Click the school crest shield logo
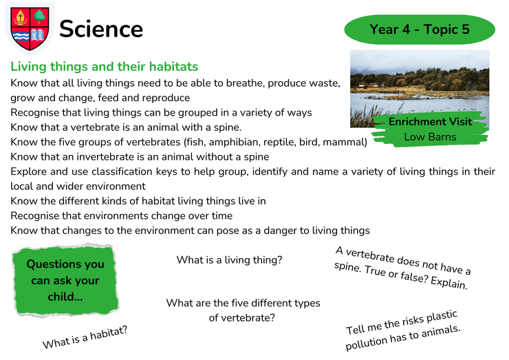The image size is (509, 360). [x=30, y=29]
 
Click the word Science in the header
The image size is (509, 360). [x=101, y=29]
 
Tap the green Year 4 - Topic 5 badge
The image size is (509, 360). [x=420, y=30]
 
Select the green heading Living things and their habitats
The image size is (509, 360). [x=104, y=67]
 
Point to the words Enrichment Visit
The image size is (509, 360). [x=430, y=122]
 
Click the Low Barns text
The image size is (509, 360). [x=430, y=137]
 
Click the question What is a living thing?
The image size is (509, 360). [x=229, y=260]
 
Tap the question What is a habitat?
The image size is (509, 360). [x=85, y=337]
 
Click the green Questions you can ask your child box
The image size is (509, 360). [x=65, y=280]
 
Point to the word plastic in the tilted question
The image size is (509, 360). [x=441, y=317]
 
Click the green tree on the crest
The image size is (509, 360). [x=39, y=17]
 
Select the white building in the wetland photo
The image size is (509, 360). [x=361, y=85]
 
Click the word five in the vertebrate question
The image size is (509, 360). [x=239, y=303]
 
